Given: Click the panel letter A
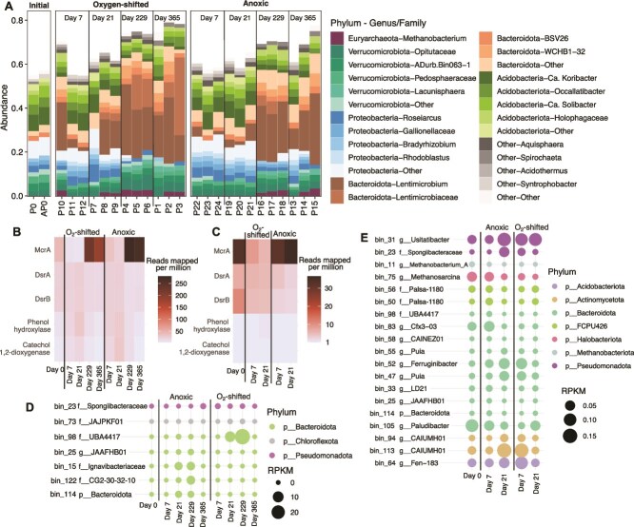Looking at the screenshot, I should click(7, 7).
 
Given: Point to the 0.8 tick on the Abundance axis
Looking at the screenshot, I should click(20, 19).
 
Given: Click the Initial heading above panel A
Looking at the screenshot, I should click(36, 7).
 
